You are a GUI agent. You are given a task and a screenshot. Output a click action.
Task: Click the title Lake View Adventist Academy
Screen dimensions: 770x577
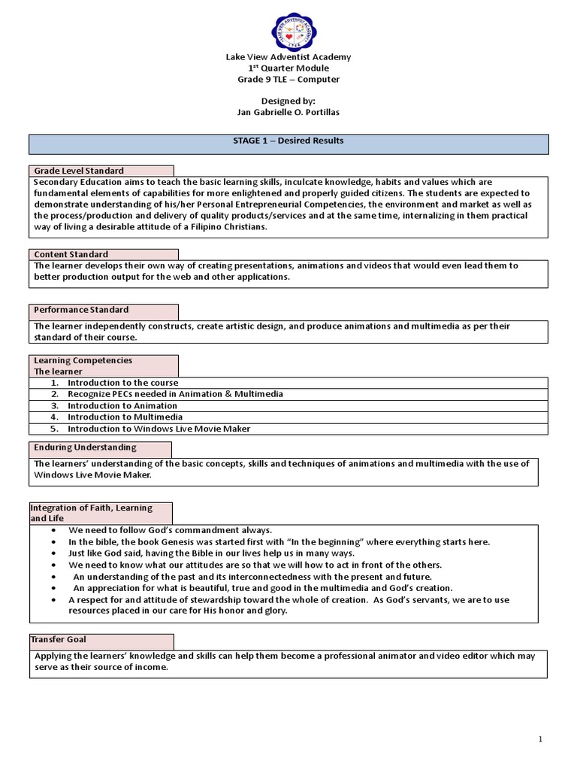point(288,57)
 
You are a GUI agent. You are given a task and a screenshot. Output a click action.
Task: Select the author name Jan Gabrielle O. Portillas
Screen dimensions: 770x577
point(288,113)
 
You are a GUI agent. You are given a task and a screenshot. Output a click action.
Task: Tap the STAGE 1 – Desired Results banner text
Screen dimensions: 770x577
point(288,141)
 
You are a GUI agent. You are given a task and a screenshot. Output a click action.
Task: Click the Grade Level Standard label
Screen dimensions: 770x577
point(79,171)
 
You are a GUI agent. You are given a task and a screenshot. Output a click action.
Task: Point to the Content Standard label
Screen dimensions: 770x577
point(71,254)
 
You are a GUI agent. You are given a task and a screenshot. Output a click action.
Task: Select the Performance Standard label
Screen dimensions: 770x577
point(81,309)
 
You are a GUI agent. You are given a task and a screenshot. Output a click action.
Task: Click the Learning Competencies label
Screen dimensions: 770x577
point(83,360)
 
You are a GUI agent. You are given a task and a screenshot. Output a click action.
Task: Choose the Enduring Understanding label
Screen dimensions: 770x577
point(85,447)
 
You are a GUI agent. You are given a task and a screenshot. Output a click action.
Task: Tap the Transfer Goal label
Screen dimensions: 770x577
point(59,639)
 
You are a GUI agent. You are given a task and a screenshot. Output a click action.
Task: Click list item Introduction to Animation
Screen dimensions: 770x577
point(122,405)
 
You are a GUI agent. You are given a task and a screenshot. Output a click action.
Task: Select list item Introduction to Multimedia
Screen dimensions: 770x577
point(125,417)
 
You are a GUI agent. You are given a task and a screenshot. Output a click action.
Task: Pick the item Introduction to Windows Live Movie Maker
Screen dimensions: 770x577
point(159,429)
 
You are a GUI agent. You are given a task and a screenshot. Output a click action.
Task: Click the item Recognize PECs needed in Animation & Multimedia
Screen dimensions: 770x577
point(175,394)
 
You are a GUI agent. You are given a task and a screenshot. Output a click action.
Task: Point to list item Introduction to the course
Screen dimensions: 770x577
point(122,383)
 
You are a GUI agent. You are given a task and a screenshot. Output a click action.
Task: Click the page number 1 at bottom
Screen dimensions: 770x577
point(540,740)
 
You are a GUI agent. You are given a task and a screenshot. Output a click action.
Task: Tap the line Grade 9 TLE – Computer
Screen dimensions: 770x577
point(288,79)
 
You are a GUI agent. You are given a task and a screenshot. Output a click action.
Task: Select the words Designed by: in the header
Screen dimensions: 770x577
point(288,102)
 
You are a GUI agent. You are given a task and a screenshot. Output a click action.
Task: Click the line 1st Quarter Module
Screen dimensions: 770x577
point(288,68)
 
